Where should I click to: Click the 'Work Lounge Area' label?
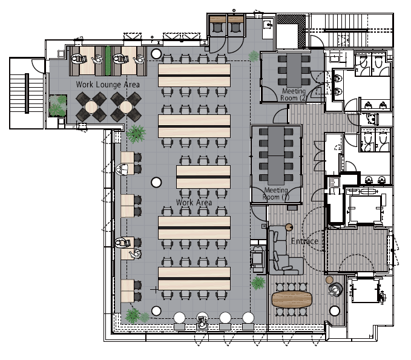coord(108,85)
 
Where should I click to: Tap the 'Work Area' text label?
coord(194,202)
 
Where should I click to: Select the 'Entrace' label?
coord(304,241)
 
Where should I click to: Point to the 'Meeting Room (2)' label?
coord(294,94)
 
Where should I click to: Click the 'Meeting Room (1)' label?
coord(276,194)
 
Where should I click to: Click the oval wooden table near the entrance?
coord(292,299)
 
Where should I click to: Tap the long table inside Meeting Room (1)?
coord(276,156)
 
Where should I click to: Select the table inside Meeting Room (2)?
coord(294,70)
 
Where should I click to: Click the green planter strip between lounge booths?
coord(108,61)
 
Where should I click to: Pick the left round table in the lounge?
coord(91,107)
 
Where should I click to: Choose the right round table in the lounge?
coord(126,107)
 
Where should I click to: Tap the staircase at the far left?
coord(27,93)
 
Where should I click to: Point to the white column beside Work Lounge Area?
coord(156,54)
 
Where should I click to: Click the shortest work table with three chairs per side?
coord(203,177)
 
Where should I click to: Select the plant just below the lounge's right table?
coord(136,134)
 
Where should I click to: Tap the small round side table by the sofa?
coord(289,227)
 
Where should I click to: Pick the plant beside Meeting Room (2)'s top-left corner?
coord(254,56)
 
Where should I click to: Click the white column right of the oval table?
coord(335,311)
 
